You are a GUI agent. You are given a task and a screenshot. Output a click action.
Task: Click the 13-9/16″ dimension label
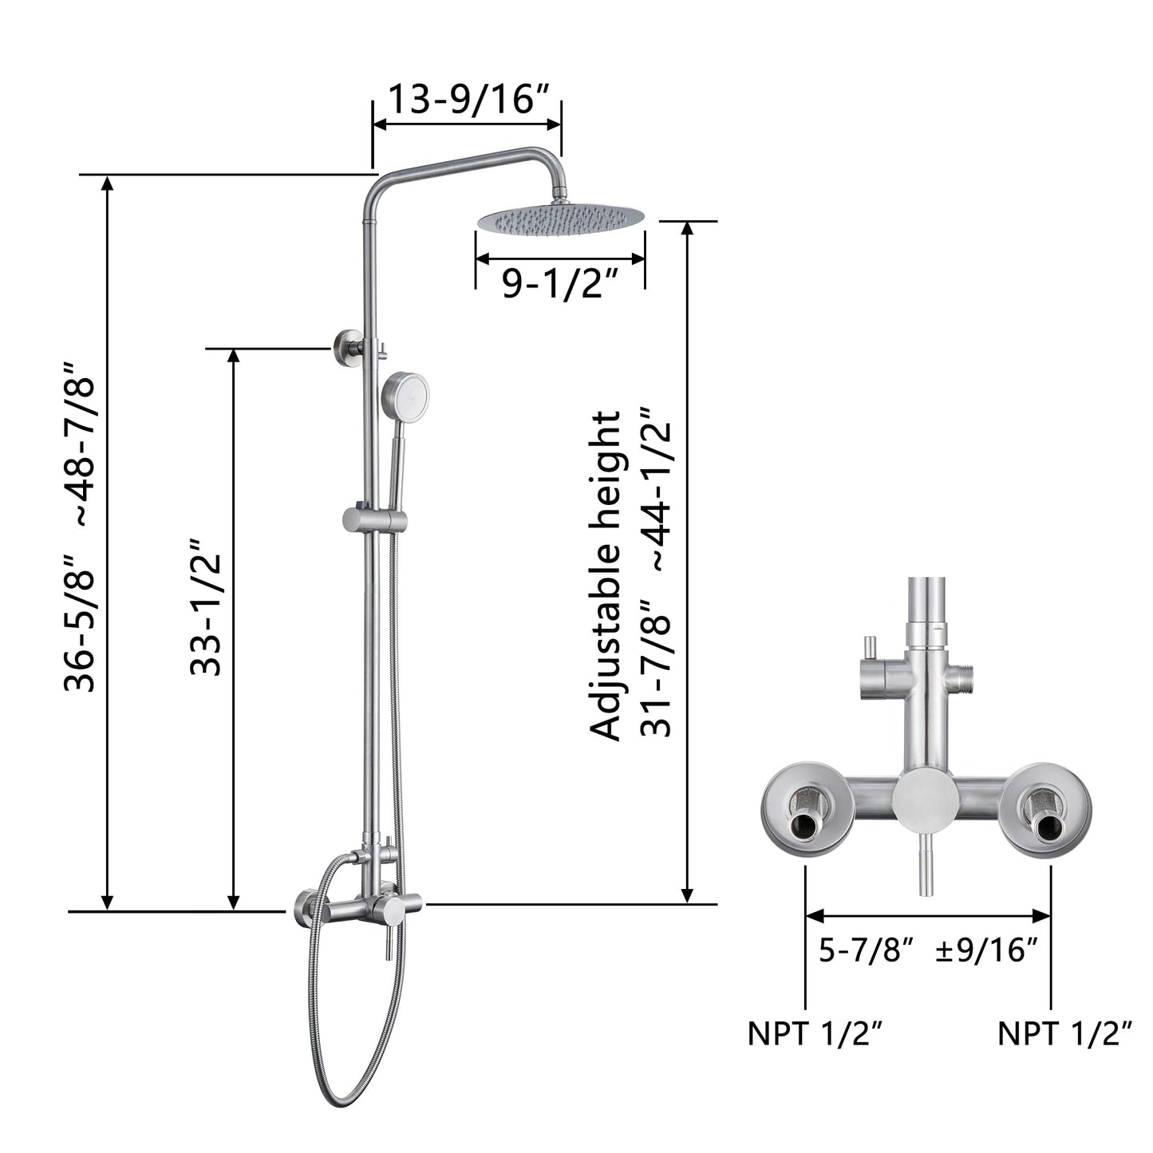pos(468,100)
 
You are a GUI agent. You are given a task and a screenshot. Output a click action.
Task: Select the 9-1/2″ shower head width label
pos(561,283)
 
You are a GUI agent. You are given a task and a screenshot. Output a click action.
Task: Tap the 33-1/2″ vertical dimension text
pos(205,607)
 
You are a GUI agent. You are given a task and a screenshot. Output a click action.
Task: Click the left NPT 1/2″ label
pos(815,1033)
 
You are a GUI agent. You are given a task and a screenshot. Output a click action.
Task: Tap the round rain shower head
pos(561,217)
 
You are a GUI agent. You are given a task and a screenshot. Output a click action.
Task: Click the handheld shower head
pos(405,392)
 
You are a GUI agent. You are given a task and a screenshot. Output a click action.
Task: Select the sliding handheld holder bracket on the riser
pos(374,520)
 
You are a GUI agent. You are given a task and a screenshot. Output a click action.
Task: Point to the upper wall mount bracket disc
pos(347,348)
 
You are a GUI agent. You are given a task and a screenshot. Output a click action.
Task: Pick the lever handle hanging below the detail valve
pos(925,874)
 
